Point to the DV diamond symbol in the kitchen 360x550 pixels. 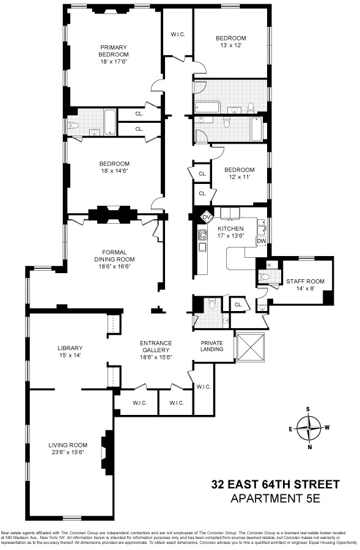(206, 216)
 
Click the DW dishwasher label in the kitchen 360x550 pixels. (261, 241)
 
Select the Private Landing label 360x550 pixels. (212, 346)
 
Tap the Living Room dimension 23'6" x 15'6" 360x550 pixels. (68, 453)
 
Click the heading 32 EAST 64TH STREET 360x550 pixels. (275, 485)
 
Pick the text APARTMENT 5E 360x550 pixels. (275, 499)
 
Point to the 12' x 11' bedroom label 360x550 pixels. (238, 174)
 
